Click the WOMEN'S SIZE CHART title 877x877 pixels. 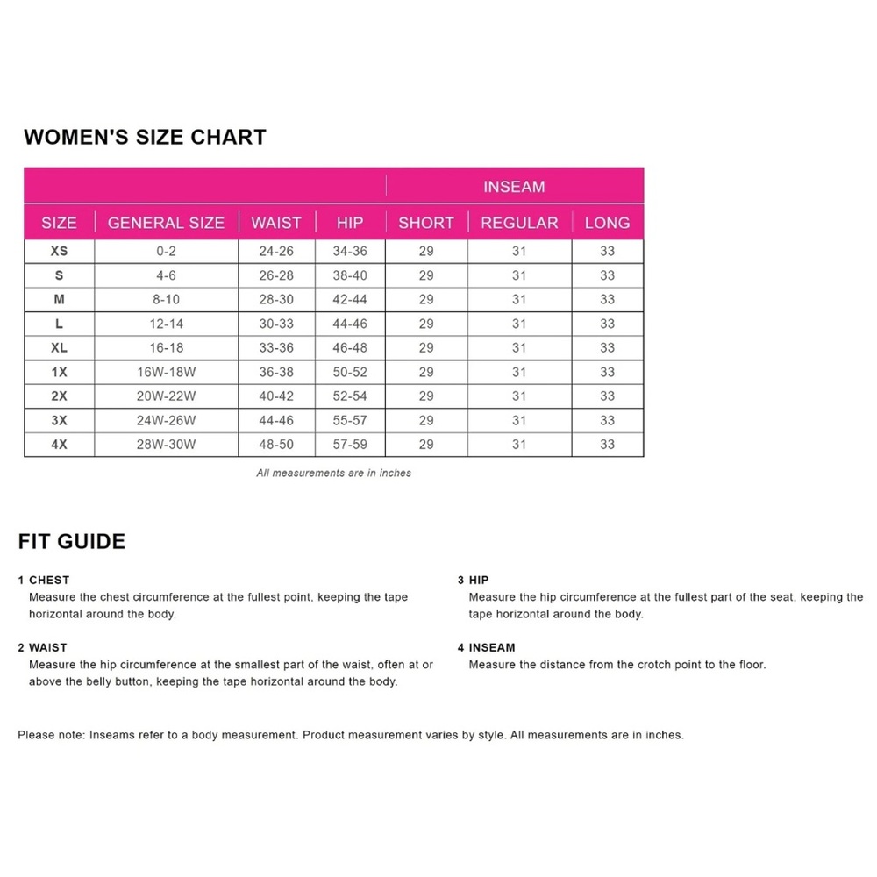(x=145, y=137)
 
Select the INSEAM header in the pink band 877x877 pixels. (x=514, y=187)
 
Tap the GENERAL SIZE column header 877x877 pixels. (x=166, y=223)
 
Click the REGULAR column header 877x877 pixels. (x=519, y=223)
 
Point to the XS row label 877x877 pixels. (x=59, y=251)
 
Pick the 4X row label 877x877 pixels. (x=59, y=445)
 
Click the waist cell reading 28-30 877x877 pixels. (x=276, y=299)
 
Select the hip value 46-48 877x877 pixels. (x=350, y=347)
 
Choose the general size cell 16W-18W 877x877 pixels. (x=166, y=372)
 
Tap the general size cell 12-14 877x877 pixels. (x=166, y=324)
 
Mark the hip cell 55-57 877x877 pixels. (x=350, y=420)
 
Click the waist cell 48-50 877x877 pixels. (x=276, y=445)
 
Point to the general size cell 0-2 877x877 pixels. (x=166, y=251)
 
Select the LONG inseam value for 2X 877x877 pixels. (x=608, y=396)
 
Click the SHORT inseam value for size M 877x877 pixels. (x=426, y=299)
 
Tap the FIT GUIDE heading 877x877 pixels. (x=72, y=541)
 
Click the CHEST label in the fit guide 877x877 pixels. (x=49, y=580)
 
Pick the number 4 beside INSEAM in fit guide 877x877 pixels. (x=460, y=647)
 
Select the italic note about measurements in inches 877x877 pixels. (x=333, y=473)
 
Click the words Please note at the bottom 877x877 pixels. (x=51, y=735)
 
